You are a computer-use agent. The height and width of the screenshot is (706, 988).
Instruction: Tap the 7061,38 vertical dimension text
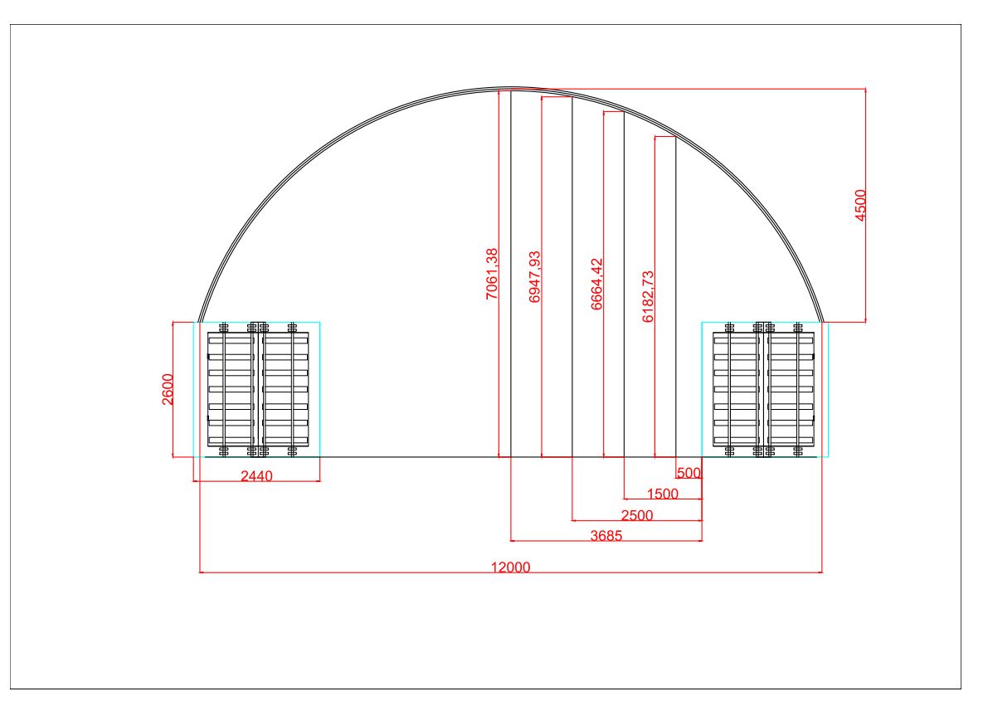(492, 274)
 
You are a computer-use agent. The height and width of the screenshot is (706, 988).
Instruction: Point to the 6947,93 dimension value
(535, 276)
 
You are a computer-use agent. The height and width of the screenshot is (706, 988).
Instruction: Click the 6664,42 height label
(597, 285)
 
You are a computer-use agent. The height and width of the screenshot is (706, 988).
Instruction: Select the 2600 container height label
(168, 389)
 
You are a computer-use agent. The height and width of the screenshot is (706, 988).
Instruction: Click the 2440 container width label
(256, 475)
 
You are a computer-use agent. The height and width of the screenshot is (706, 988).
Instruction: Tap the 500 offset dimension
(689, 474)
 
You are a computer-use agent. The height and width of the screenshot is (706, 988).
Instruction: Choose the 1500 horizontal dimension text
(662, 494)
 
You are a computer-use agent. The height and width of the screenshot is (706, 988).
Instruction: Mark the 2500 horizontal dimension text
(636, 515)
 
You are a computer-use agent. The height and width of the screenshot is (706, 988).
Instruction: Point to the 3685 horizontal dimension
(606, 536)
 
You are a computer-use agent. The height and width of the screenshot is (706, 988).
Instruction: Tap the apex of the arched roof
(510, 88)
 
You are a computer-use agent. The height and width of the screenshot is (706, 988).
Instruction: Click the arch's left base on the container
(200, 321)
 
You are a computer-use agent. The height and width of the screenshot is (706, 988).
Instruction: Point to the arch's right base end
(821, 321)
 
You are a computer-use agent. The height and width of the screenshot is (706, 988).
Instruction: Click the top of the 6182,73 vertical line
(676, 138)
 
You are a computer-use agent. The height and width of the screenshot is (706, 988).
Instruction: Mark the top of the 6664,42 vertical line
(624, 112)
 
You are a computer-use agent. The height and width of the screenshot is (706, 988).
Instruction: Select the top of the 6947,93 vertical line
(572, 97)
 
